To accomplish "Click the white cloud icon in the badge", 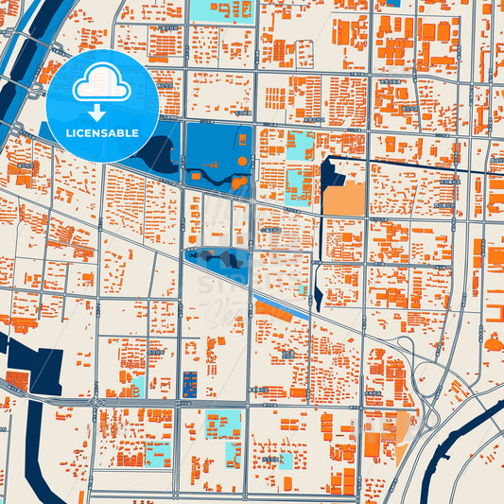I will pos(102,86).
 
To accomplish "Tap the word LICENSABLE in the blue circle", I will pos(102,133).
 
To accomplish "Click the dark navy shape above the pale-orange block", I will pos(331,174).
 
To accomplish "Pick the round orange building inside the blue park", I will pos(242,162).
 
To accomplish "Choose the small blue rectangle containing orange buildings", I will pos(189,383).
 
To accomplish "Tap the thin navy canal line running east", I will pos(416,167).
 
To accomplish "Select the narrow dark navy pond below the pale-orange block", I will pos(317,298).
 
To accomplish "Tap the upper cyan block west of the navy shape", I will pos(300,146).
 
